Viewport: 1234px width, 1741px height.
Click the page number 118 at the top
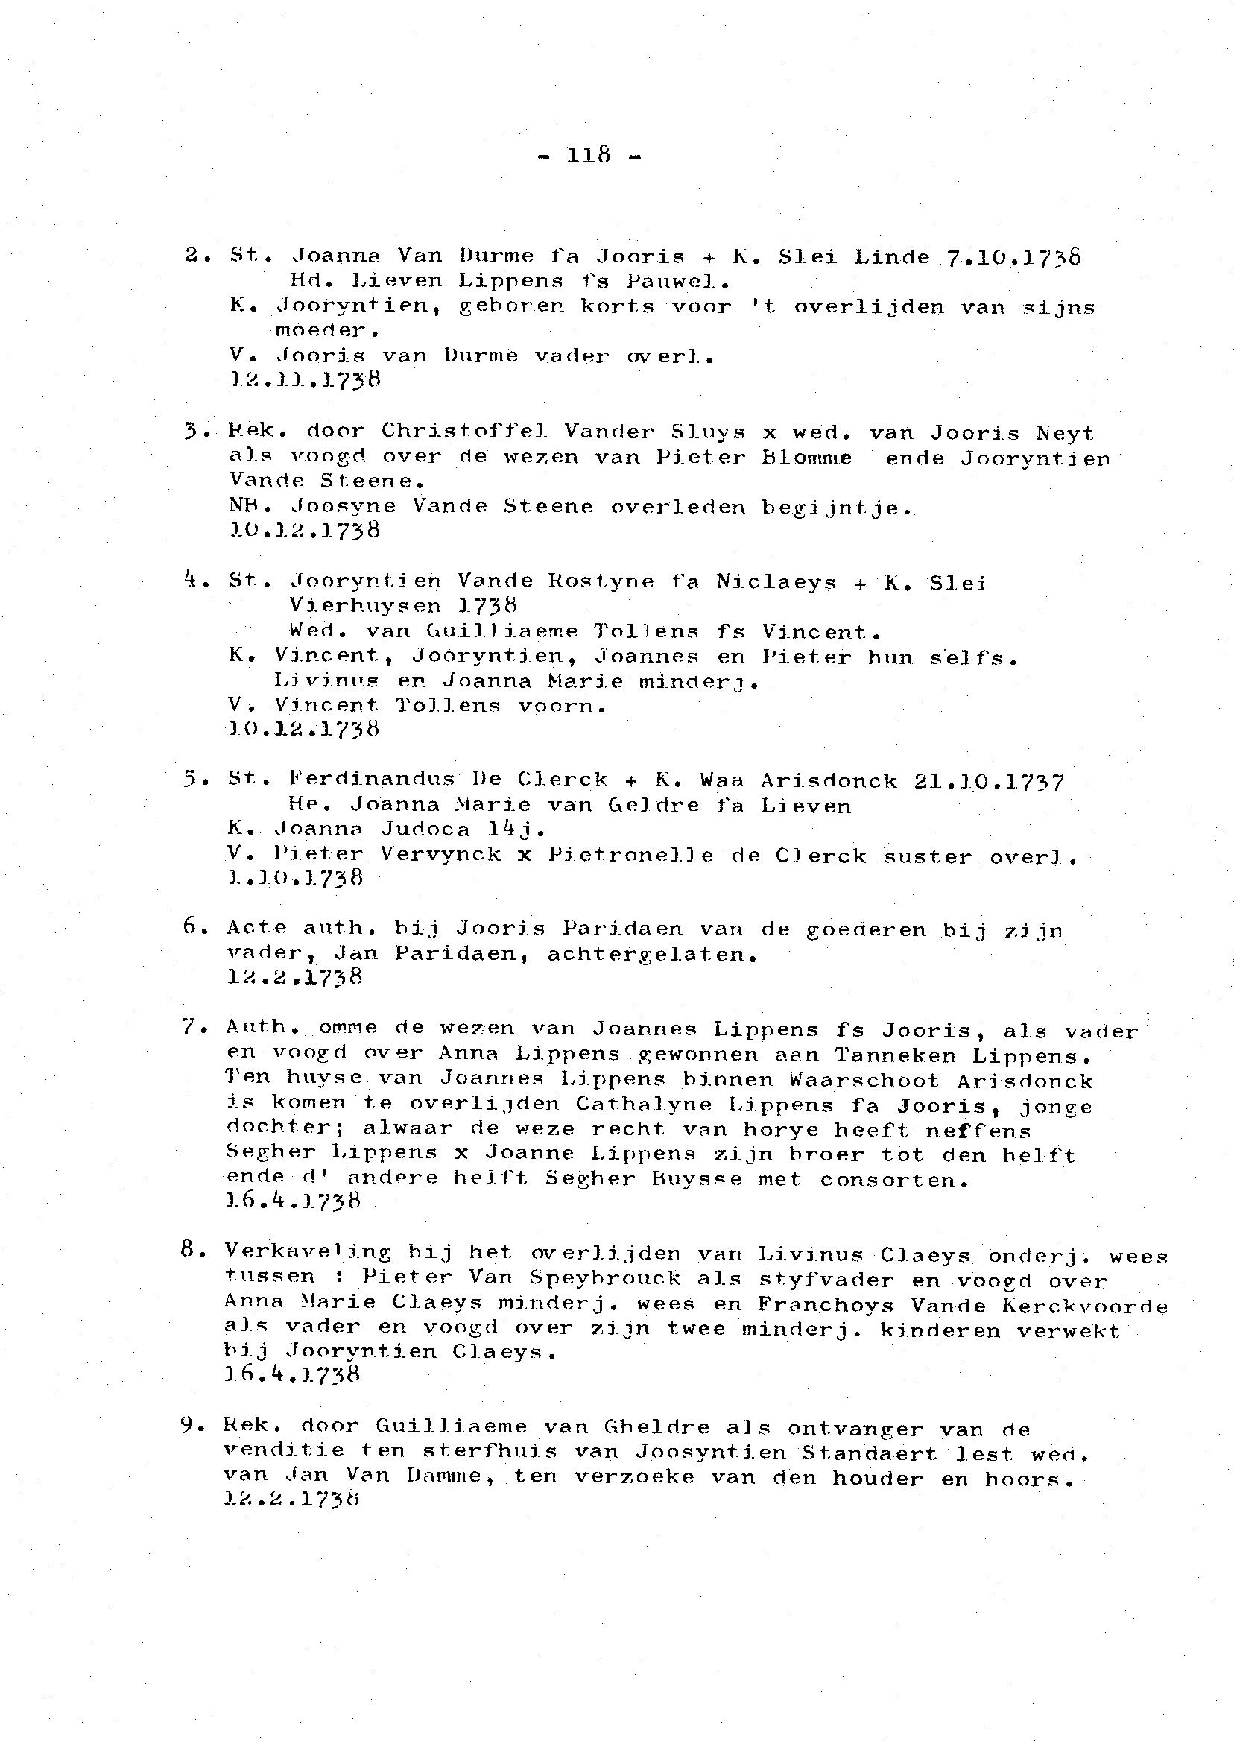point(589,155)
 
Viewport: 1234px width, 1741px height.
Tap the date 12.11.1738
point(304,379)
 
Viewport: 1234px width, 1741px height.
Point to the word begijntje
point(836,507)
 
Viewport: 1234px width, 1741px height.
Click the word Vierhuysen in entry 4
point(365,605)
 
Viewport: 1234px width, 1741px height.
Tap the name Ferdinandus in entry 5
point(372,779)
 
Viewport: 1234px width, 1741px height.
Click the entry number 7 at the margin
point(190,1028)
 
